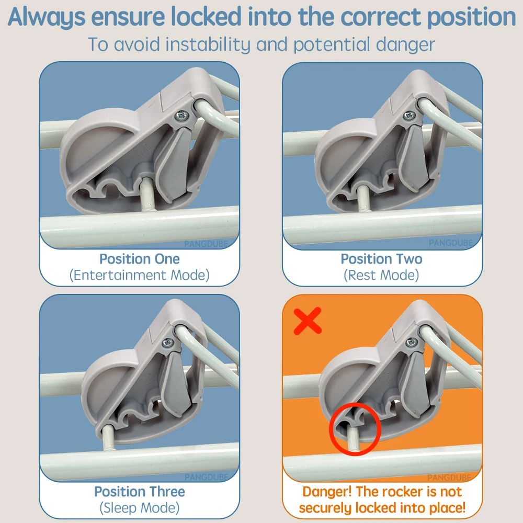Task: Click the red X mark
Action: click(x=308, y=321)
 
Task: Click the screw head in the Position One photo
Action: click(x=182, y=116)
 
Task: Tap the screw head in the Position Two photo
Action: click(x=409, y=116)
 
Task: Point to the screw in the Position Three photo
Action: click(x=167, y=342)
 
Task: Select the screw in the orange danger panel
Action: click(x=412, y=342)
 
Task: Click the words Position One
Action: click(x=140, y=259)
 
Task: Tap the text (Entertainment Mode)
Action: click(x=140, y=275)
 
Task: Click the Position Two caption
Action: click(x=381, y=259)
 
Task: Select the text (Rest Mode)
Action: click(x=381, y=275)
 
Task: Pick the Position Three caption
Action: click(x=140, y=492)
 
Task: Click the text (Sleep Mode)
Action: click(x=140, y=508)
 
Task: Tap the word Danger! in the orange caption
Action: click(x=327, y=492)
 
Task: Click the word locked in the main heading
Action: click(x=206, y=17)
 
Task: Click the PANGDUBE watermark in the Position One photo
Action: click(x=206, y=244)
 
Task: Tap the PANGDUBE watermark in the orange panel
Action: click(x=449, y=477)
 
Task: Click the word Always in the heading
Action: click(x=47, y=17)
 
